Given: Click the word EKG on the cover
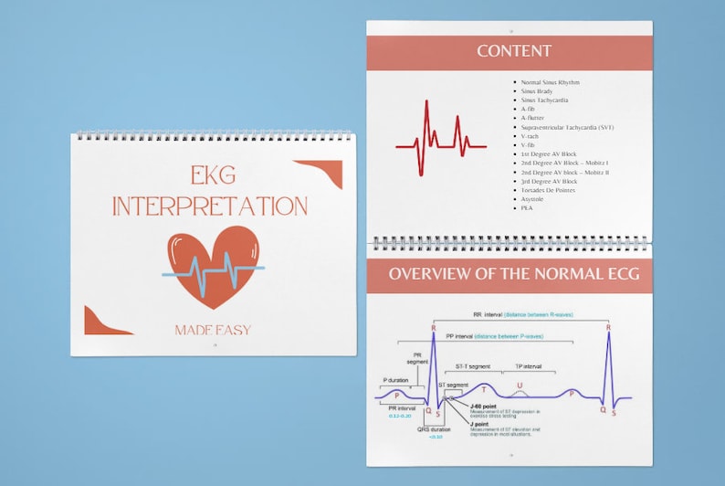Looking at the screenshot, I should [211, 175].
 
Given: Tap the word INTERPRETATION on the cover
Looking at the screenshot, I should [210, 206].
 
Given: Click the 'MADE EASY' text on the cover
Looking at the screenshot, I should [213, 329].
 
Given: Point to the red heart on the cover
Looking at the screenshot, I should [214, 265].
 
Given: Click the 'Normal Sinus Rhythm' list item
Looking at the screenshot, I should [550, 82].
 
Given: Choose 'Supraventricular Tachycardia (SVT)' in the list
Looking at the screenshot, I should [566, 127].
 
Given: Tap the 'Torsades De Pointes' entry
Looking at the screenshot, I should [549, 190].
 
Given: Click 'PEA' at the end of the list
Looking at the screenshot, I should [527, 208].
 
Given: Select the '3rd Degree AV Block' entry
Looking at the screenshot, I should [549, 181].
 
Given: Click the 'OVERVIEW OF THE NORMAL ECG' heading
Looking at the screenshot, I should [514, 274].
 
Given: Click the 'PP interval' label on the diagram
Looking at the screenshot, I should [459, 336].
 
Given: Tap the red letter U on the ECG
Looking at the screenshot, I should [520, 386].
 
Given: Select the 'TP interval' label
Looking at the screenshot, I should [529, 366].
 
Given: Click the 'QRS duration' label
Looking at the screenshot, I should [435, 428].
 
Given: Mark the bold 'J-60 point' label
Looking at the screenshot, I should [483, 404].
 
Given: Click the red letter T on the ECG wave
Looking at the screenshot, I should [483, 390].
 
